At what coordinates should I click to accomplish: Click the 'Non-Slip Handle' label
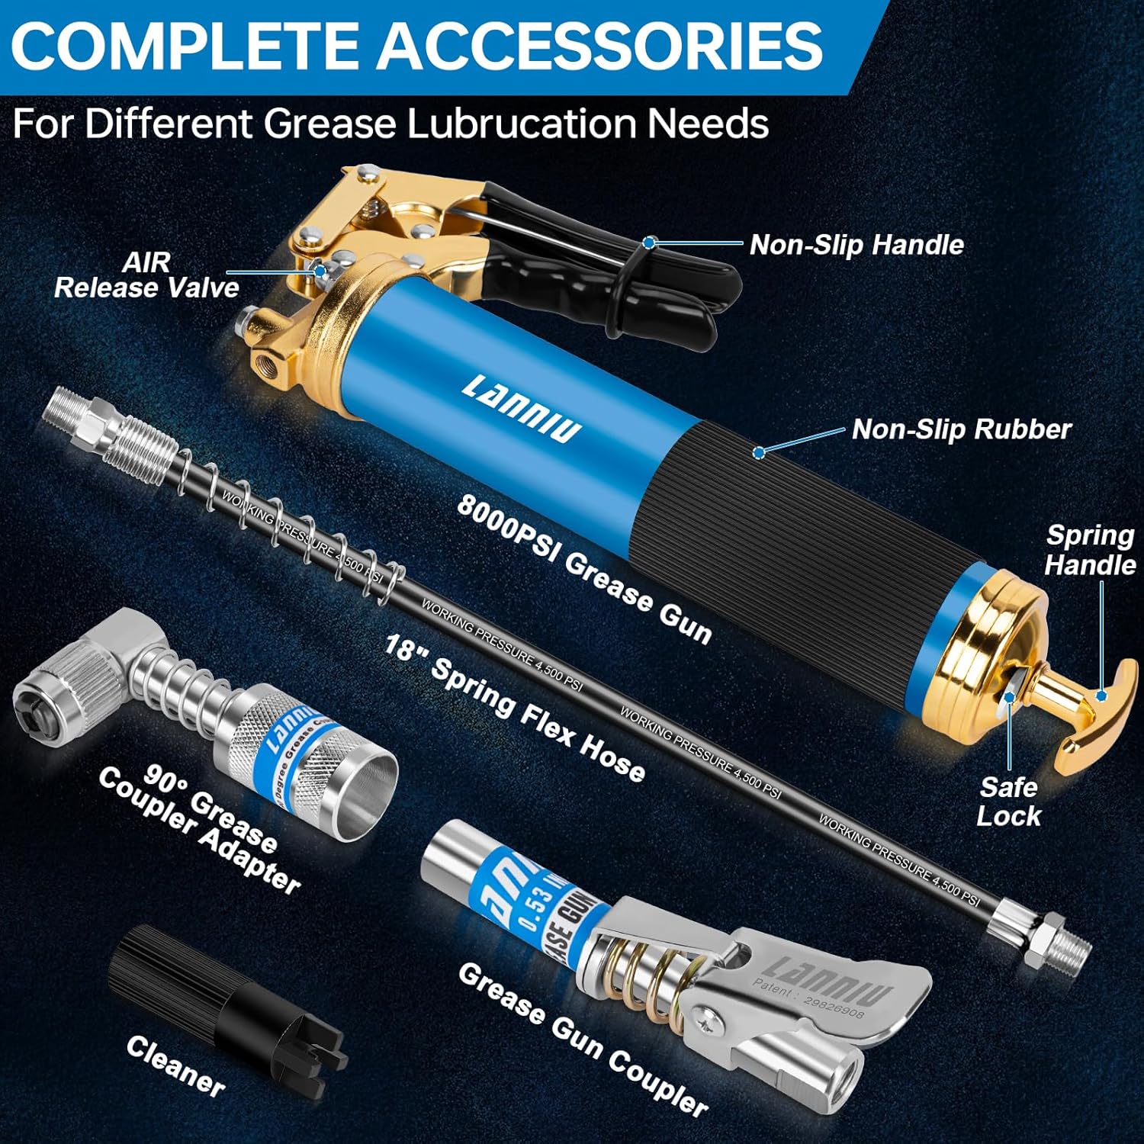[856, 245]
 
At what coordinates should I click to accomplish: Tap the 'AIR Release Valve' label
[146, 275]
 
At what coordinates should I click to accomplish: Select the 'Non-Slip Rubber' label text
[961, 429]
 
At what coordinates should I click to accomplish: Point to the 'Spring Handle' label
[1089, 550]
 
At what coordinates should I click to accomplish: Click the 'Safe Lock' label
[1008, 802]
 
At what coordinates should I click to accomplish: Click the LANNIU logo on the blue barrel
[521, 409]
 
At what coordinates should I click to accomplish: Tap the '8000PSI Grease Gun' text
[584, 569]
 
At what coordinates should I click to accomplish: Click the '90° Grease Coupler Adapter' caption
[200, 828]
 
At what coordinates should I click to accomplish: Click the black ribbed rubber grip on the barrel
[793, 534]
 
